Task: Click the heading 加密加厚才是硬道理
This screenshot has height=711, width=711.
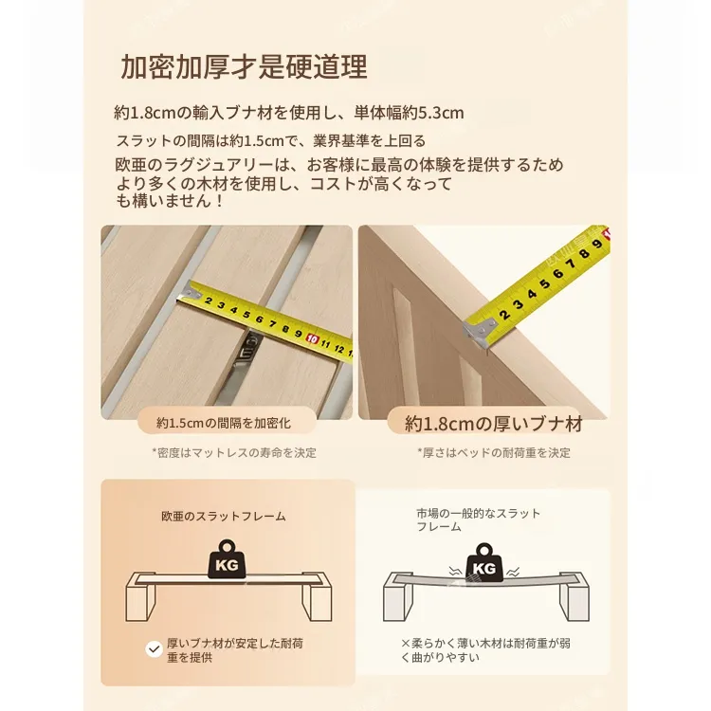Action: click(244, 67)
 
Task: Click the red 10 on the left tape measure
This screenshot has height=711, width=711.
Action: click(312, 338)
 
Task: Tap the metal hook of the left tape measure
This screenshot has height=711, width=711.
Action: click(189, 291)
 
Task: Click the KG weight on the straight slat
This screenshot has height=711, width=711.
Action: click(227, 559)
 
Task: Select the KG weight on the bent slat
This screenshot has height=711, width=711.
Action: click(484, 563)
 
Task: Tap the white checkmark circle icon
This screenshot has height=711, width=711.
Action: click(155, 649)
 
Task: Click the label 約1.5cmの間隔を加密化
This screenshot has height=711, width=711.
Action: click(224, 423)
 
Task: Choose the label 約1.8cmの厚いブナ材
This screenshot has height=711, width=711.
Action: click(494, 424)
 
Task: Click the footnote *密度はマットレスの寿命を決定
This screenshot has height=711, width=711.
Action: click(234, 452)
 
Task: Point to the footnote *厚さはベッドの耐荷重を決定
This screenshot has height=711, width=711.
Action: click(494, 452)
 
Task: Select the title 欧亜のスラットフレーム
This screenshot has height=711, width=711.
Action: click(224, 516)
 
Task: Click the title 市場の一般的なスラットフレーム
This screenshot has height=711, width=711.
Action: click(479, 520)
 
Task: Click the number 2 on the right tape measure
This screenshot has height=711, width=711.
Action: click(504, 314)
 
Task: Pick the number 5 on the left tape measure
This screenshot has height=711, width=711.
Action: click(246, 314)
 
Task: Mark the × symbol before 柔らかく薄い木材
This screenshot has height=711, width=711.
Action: click(406, 644)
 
